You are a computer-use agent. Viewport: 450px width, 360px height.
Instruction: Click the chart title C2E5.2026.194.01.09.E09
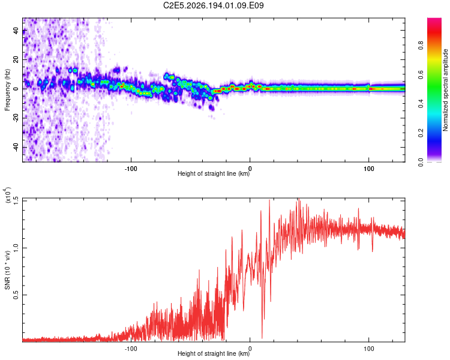point(213,5)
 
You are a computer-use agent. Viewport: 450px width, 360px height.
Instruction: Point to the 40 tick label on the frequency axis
point(16,31)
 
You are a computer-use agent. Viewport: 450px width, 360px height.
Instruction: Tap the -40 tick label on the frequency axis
point(16,147)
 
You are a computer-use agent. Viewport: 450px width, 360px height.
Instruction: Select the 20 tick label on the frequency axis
point(16,60)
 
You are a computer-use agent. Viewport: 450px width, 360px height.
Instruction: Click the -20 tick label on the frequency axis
point(16,118)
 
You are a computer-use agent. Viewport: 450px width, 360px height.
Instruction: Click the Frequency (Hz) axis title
point(7,90)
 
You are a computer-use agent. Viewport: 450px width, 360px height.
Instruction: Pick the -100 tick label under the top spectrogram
point(131,169)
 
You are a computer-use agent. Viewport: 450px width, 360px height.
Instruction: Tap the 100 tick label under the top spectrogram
point(369,169)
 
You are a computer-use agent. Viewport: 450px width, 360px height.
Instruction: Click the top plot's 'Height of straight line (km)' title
point(214,173)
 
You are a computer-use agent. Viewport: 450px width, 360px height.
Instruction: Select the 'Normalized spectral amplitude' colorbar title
point(445,90)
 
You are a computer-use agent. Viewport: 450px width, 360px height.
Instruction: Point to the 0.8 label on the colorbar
point(421,46)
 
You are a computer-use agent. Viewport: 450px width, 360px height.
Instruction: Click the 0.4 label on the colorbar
point(421,104)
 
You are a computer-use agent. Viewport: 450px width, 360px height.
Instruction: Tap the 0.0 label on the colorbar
point(421,162)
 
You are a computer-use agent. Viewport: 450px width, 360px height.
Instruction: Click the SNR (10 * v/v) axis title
point(7,270)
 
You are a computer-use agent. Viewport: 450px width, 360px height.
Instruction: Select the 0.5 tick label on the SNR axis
point(16,295)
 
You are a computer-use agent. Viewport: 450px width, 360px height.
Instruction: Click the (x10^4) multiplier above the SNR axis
point(7,195)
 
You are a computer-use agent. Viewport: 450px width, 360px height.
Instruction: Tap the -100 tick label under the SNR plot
point(131,349)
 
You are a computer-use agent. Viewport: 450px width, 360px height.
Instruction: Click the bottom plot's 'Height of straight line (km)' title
point(214,353)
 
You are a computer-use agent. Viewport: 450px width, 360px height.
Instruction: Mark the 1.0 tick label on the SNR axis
point(16,248)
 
